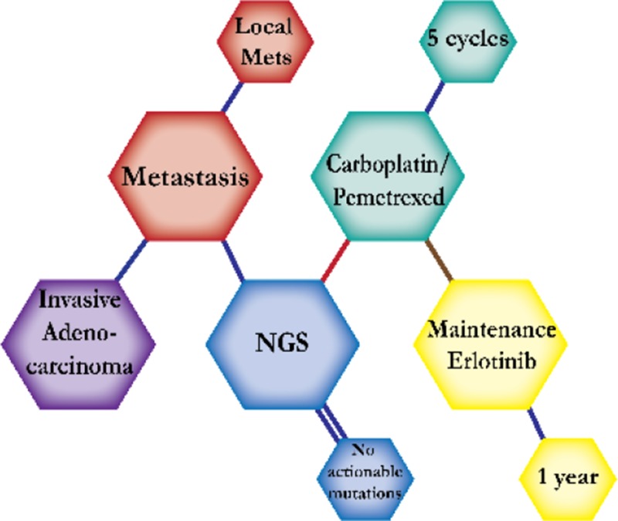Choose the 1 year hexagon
[x=568, y=477]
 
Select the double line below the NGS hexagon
[x=331, y=421]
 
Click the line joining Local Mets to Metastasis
[x=232, y=95]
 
